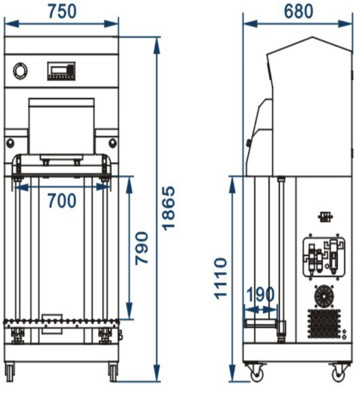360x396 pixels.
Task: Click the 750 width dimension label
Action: pos(62,11)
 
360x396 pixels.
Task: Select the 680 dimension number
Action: pos(299,11)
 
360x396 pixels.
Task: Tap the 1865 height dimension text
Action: pos(168,209)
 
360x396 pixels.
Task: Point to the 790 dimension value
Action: pos(142,248)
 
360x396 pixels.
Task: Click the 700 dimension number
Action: pos(62,201)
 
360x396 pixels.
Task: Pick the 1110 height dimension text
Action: pos(221,278)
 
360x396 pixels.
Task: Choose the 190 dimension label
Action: pos(260,294)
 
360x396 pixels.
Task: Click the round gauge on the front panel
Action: pos(20,71)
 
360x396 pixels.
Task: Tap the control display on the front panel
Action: pos(61,72)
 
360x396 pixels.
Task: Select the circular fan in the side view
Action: pos(324,297)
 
